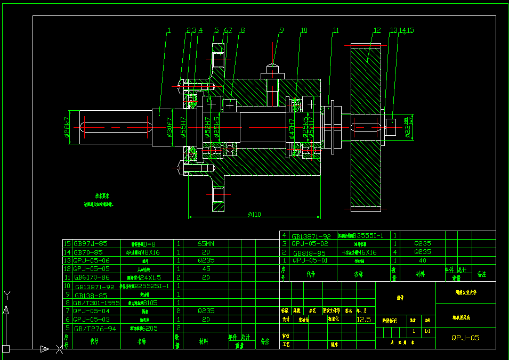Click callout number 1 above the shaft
pyautogui.click(x=168, y=30)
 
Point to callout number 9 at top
pyautogui.click(x=281, y=30)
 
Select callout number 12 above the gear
pyautogui.click(x=377, y=30)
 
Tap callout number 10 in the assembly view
pyautogui.click(x=304, y=30)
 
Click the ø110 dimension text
pyautogui.click(x=254, y=215)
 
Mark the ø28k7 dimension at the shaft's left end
pyautogui.click(x=68, y=127)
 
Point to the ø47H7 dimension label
pyautogui.click(x=292, y=128)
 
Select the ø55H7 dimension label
pyautogui.click(x=183, y=127)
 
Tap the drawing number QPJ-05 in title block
pyautogui.click(x=465, y=337)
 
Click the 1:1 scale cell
pyautogui.click(x=427, y=331)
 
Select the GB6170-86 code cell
pyautogui.click(x=91, y=277)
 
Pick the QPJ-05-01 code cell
pyautogui.click(x=310, y=260)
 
